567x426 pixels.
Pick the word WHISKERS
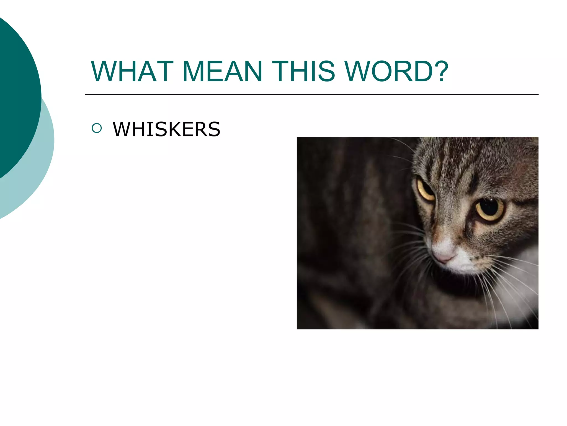point(166,129)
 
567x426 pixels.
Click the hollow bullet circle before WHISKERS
point(97,128)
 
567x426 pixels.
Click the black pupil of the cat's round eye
point(489,207)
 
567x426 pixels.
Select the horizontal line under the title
point(311,95)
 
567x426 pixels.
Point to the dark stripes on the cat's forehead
point(457,166)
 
